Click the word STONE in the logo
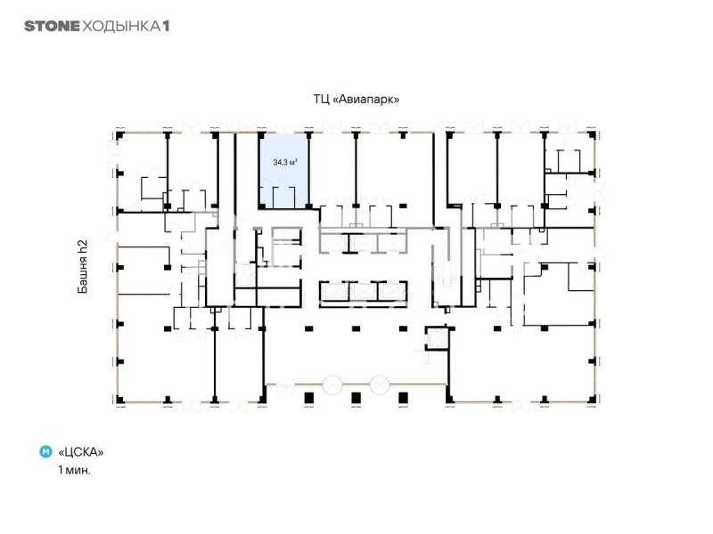[x=52, y=26]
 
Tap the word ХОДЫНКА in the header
[x=121, y=26]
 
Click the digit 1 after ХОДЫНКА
[x=166, y=26]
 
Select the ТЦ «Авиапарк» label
[x=356, y=99]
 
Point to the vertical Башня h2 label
[x=82, y=266]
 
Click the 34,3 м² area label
[x=285, y=162]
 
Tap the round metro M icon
[x=46, y=451]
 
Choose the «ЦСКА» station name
[x=81, y=452]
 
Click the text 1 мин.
[x=74, y=470]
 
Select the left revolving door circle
[x=332, y=384]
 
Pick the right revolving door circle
[x=380, y=384]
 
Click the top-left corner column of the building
[x=120, y=135]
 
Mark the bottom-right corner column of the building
[x=592, y=400]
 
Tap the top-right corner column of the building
[x=592, y=135]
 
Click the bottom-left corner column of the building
[x=120, y=400]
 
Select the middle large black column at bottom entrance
[x=356, y=398]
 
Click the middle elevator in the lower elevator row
[x=364, y=292]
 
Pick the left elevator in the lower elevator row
[x=333, y=292]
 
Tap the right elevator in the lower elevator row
[x=392, y=292]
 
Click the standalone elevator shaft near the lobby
[x=437, y=338]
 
